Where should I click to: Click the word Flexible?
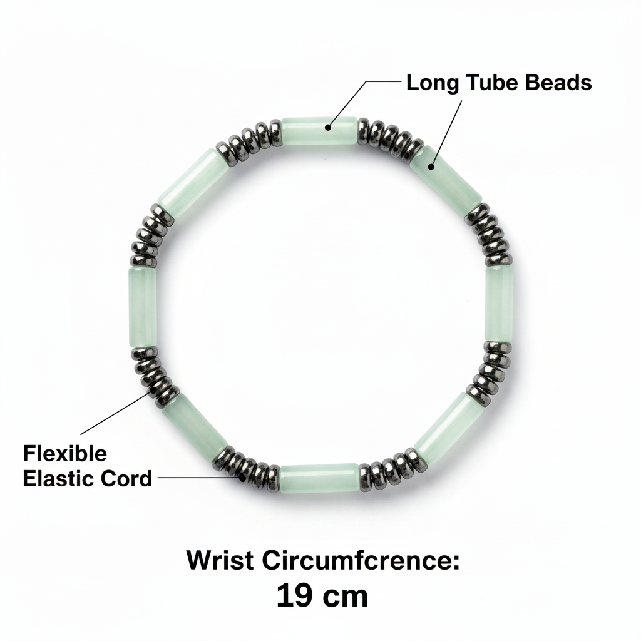64,453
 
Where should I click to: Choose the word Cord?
126,478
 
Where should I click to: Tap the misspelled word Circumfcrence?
361,560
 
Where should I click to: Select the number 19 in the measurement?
295,596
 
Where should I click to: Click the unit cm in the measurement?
346,598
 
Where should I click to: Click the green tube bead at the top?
319,131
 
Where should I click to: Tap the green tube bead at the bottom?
319,478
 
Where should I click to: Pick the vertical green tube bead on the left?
143,307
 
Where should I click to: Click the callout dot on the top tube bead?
328,127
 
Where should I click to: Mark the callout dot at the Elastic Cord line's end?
243,477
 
